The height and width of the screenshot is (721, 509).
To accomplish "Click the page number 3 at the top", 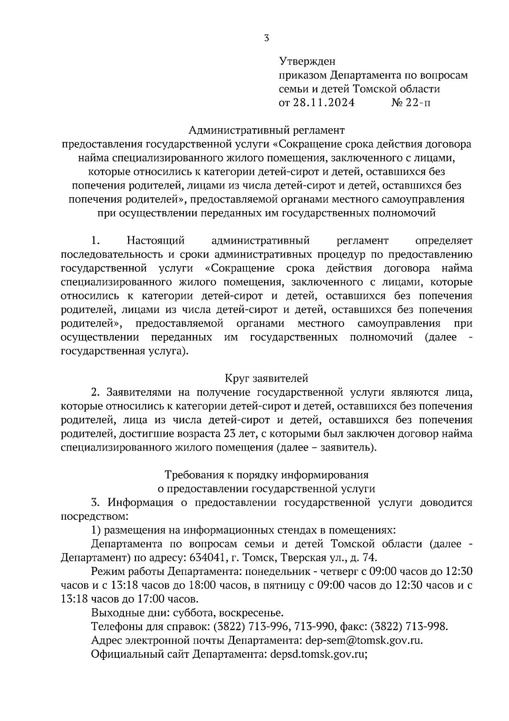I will [x=266, y=38].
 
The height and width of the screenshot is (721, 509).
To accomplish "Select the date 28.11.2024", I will [x=323, y=103].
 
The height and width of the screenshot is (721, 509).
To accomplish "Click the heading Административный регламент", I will [x=266, y=129].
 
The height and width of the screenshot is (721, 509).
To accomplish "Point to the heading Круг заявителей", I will [x=266, y=378].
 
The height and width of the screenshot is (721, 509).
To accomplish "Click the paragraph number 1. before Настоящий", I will [x=95, y=241].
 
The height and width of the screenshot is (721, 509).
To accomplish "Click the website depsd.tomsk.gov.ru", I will [x=318, y=654].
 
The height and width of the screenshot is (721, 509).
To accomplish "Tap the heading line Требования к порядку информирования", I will [x=266, y=474].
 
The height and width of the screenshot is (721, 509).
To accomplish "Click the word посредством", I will [x=93, y=516].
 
